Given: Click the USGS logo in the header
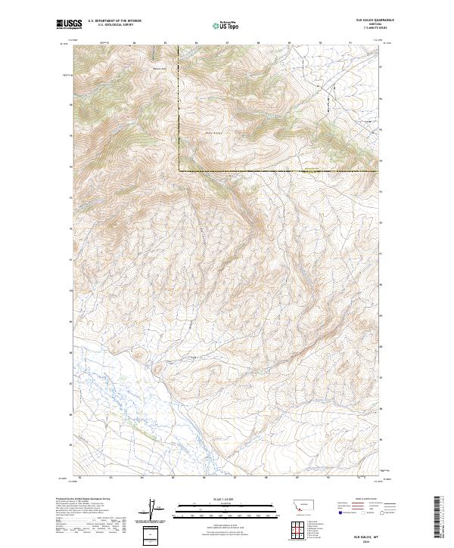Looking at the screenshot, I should click(70, 25).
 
